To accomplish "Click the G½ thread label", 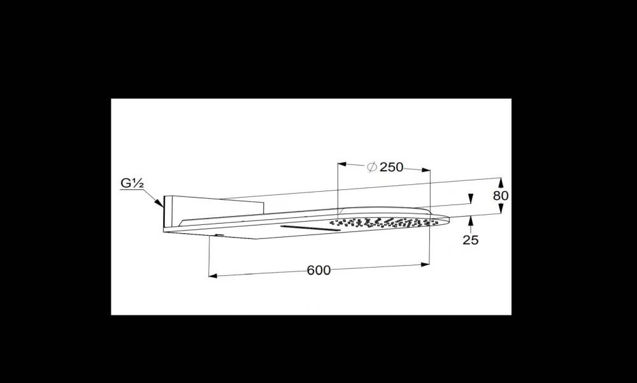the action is pos(132,183).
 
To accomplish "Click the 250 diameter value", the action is pos(391,167).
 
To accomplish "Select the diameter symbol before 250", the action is pos(372,167).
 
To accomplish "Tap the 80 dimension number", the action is pos(501,196).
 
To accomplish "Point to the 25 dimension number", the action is pos(471,240).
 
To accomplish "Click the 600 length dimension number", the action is pos(318,270).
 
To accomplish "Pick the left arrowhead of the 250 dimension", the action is pos(342,164).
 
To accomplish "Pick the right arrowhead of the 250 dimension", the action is pos(426,170).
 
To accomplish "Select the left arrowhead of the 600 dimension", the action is pos(213,276).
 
